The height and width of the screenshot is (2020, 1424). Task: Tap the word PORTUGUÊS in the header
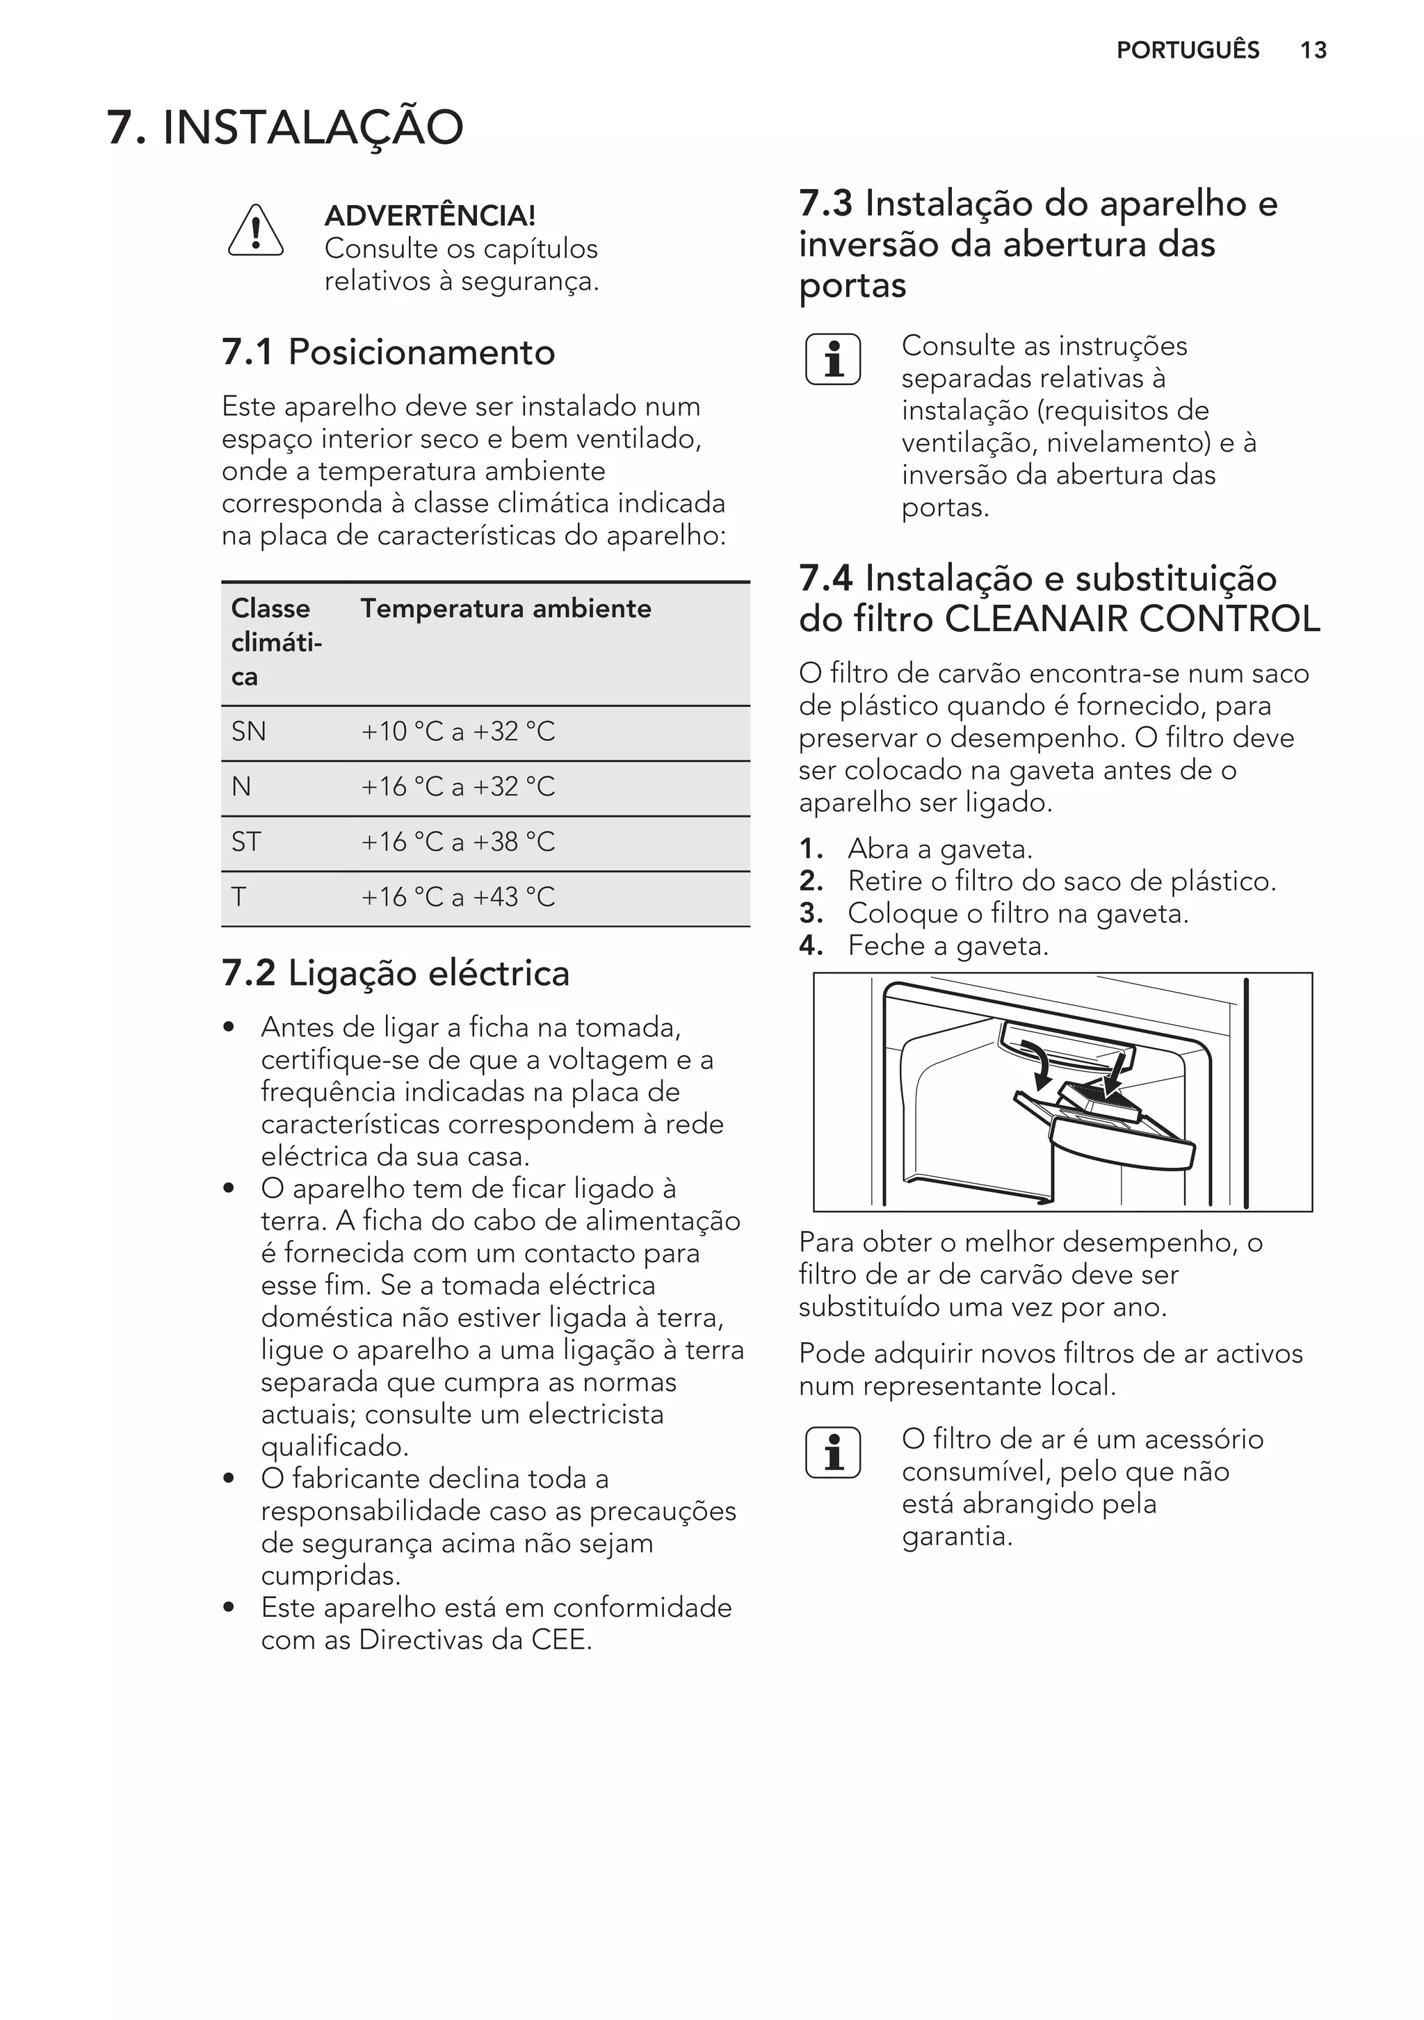point(1188,50)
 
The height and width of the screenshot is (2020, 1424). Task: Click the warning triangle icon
point(255,231)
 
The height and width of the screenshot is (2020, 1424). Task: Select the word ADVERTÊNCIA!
point(430,215)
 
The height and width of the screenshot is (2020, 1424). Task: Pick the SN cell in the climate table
point(248,732)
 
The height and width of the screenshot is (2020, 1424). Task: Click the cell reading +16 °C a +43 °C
point(458,897)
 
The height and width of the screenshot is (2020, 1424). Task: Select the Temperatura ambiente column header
point(506,609)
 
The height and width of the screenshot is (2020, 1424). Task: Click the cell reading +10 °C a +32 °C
point(458,732)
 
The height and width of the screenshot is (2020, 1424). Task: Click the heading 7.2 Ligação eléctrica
point(395,973)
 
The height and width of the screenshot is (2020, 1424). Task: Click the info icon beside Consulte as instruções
point(832,360)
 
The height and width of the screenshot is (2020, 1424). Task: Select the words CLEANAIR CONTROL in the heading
point(1132,619)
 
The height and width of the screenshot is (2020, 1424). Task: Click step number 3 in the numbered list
point(811,914)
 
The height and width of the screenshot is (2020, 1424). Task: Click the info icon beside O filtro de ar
point(832,1453)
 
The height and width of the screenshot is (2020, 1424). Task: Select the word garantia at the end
point(956,1537)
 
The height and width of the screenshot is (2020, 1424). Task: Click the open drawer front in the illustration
point(1126,1146)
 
